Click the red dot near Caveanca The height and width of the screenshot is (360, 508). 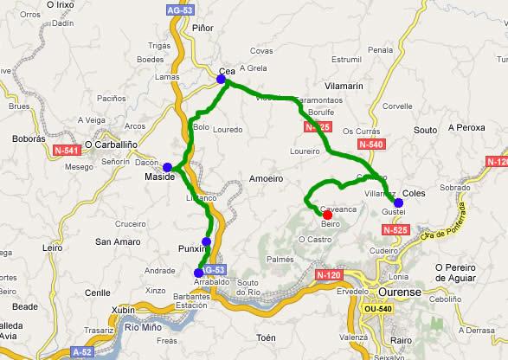(x=327, y=215)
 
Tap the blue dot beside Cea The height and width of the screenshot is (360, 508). (x=221, y=79)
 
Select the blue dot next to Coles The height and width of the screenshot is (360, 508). (x=398, y=202)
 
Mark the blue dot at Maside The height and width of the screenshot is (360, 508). (x=168, y=167)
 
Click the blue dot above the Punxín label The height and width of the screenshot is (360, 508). (x=206, y=241)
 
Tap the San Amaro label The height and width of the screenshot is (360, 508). (x=115, y=241)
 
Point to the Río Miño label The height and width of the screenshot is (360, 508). (x=145, y=326)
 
